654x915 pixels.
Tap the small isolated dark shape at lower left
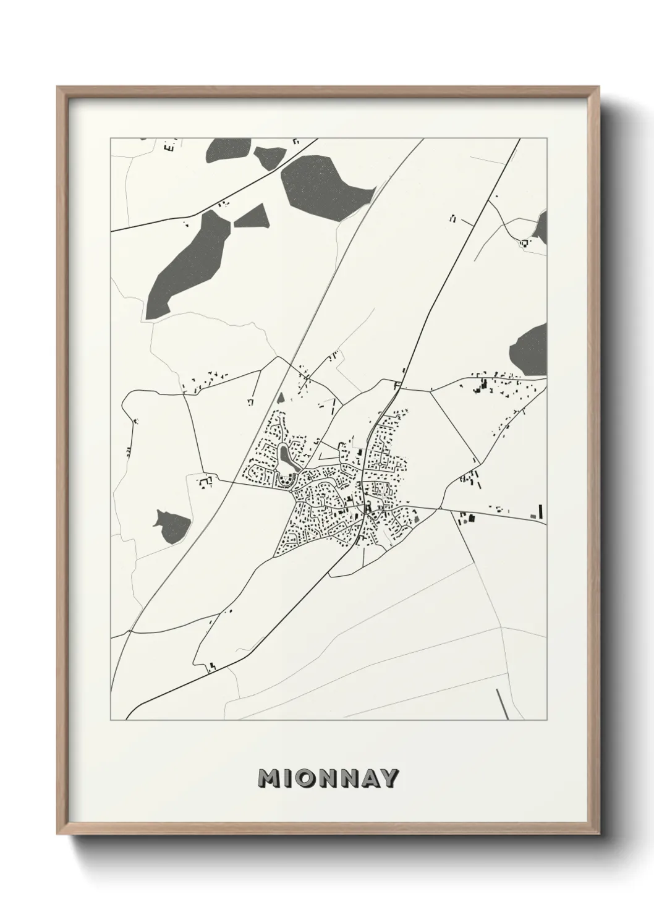click(x=171, y=527)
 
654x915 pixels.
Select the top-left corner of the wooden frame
click(x=59, y=88)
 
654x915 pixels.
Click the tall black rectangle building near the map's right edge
click(x=540, y=511)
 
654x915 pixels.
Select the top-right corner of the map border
click(x=547, y=138)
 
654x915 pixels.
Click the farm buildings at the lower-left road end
click(x=211, y=666)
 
